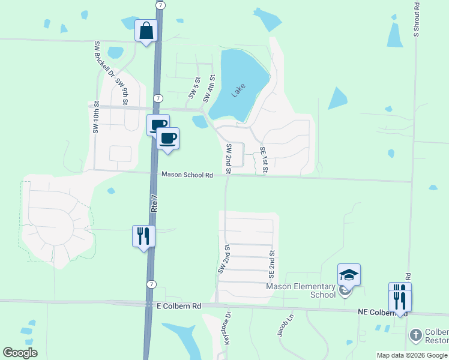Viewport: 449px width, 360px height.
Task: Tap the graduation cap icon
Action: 349,275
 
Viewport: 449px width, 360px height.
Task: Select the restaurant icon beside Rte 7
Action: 143,235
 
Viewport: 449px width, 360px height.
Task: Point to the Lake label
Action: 238,91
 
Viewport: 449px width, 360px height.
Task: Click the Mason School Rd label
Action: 187,175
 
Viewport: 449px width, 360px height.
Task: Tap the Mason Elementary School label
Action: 301,290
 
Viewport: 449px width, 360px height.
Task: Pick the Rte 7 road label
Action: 155,203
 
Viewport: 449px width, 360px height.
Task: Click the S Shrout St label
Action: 416,18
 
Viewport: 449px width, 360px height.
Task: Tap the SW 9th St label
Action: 122,91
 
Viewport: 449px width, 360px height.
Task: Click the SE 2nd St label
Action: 271,265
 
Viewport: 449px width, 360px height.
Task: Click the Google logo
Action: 20,353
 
